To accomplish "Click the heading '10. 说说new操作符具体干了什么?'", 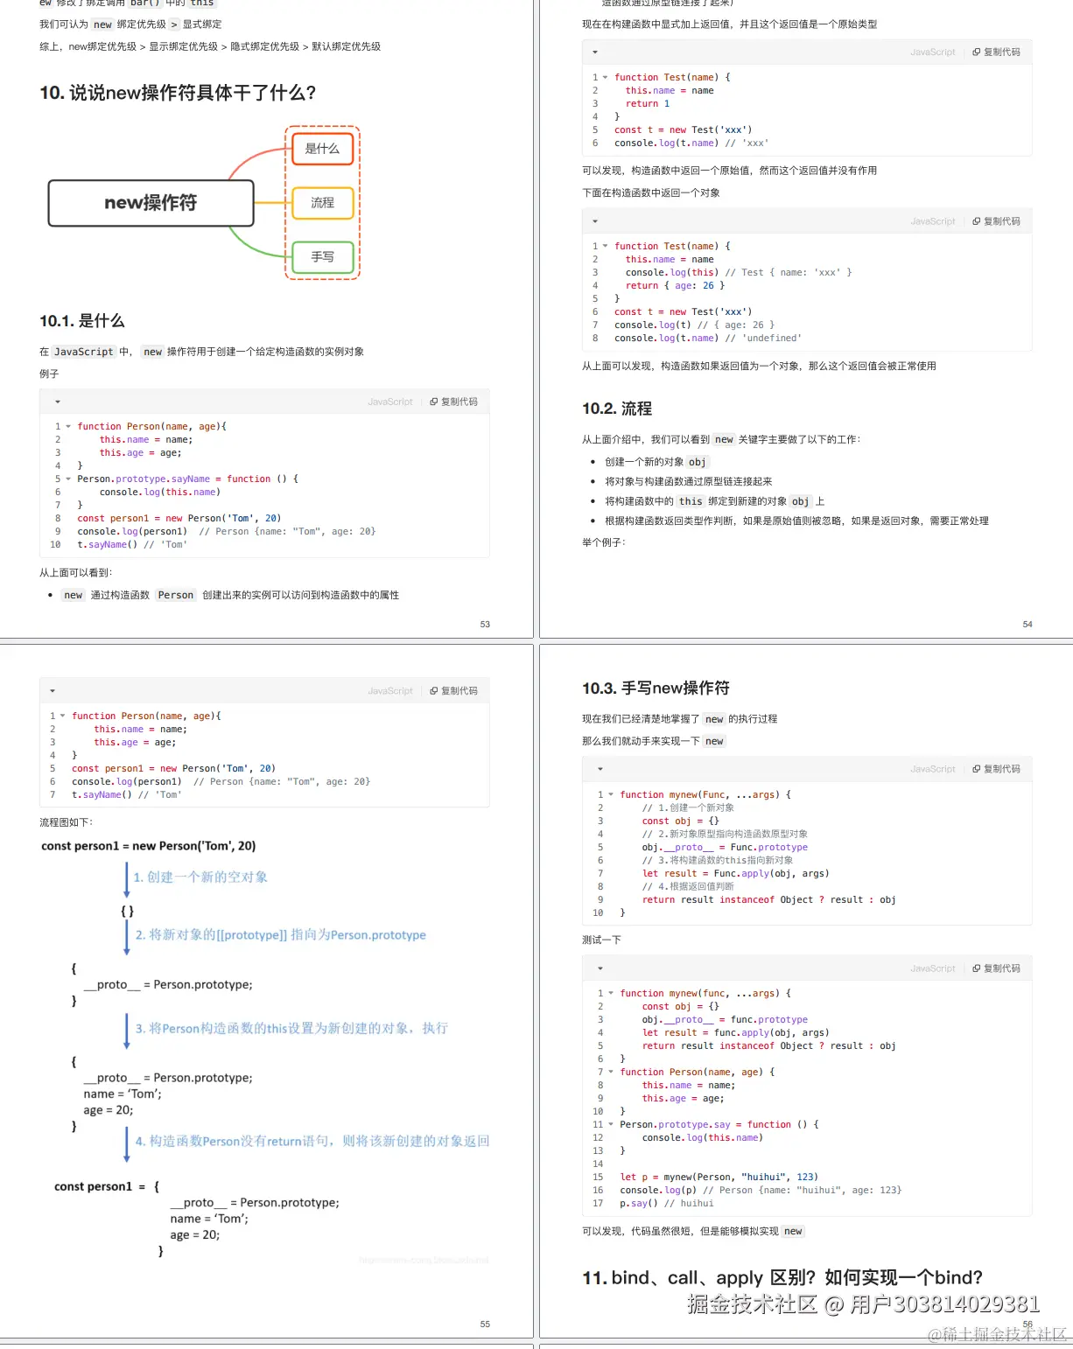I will (178, 93).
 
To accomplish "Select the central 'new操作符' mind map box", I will (151, 203).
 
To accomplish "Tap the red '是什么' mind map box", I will (322, 149).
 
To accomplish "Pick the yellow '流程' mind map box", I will (322, 203).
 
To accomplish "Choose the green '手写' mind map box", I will (322, 257).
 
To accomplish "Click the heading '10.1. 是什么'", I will (82, 321).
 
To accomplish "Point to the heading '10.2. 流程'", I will (617, 409).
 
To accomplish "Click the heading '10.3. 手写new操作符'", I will (656, 688).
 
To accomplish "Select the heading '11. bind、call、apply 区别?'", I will (782, 1278).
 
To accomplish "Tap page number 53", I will (485, 625).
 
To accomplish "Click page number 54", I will (1027, 625).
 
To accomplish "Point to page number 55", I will (485, 1325).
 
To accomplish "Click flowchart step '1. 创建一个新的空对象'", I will (200, 877).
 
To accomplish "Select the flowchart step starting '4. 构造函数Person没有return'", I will (312, 1142).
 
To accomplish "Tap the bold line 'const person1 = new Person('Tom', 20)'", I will (149, 846).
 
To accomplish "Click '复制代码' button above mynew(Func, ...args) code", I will (997, 769).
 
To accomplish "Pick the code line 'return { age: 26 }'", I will (675, 285).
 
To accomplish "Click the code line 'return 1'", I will (648, 103).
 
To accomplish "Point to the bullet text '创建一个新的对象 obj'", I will (656, 462).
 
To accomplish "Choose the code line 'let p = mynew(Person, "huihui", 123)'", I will (719, 1177).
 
